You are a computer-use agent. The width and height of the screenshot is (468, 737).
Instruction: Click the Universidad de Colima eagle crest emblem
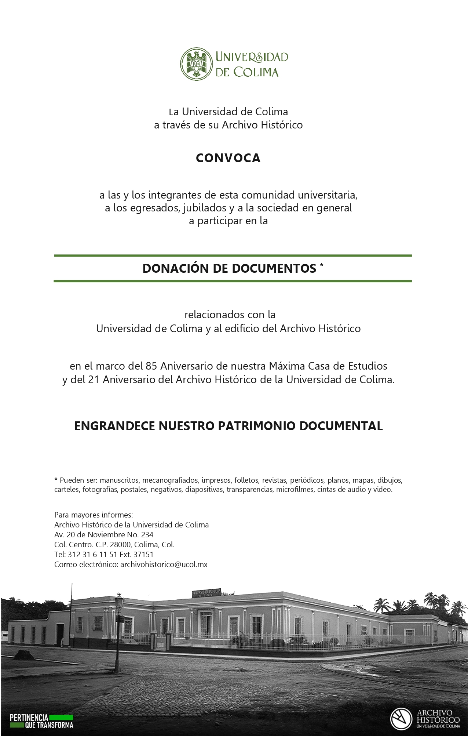click(196, 64)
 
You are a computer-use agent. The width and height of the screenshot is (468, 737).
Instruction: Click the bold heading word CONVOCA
click(228, 158)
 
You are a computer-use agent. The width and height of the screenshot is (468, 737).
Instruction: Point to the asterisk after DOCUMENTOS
click(322, 265)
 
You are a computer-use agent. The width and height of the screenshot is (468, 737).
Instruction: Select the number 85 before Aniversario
click(151, 366)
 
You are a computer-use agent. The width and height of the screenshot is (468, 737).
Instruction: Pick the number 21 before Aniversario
click(94, 380)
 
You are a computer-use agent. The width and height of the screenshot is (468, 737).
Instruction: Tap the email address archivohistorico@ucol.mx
click(164, 564)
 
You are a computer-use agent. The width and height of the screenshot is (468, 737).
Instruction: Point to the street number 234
click(147, 535)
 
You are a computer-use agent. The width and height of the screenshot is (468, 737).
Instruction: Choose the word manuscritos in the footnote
click(119, 480)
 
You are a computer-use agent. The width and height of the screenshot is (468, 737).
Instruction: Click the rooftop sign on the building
click(206, 592)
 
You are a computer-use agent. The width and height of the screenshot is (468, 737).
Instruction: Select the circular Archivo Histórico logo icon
click(401, 719)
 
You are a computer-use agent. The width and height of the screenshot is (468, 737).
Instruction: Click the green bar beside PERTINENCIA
click(61, 717)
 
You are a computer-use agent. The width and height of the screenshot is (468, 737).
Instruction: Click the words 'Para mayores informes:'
click(94, 515)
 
